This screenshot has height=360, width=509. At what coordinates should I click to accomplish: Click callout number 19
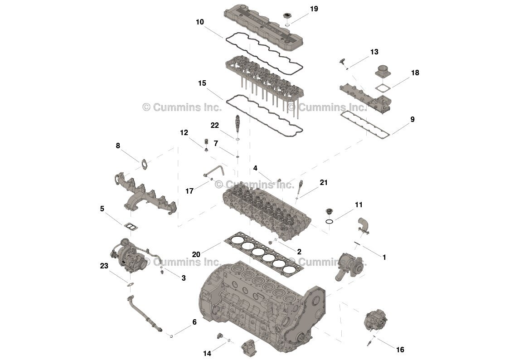pos(314,9)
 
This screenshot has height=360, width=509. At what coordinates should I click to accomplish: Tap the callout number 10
pos(200,22)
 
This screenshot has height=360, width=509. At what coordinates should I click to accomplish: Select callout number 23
pos(104,266)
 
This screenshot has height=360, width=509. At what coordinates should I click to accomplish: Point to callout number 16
pos(400,350)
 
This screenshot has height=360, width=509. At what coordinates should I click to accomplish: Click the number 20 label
pos(196,255)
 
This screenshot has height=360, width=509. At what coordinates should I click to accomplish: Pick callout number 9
pos(412,120)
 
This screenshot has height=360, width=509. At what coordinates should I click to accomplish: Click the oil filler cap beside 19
pos(286,17)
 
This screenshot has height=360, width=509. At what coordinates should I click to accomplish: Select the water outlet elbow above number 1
pos(363,225)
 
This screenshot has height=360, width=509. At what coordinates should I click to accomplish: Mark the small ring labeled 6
pos(171,336)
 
